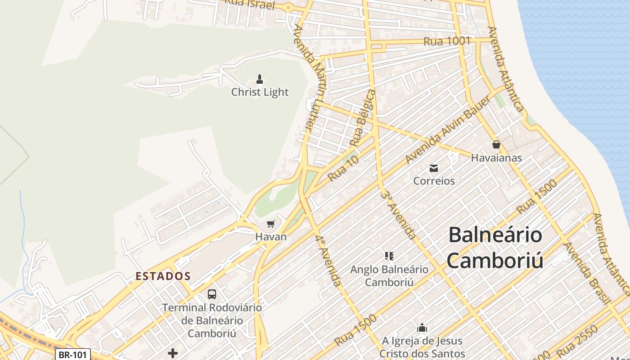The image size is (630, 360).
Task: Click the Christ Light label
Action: (260, 92)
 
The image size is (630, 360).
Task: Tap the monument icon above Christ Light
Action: (259, 80)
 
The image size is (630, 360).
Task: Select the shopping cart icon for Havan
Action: (270, 224)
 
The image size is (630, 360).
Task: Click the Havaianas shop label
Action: (496, 158)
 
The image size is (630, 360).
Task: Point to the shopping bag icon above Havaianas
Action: (496, 144)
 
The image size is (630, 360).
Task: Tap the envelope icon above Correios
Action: (434, 168)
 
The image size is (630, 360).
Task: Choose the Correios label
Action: (434, 181)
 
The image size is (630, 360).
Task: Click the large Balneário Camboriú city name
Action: (495, 247)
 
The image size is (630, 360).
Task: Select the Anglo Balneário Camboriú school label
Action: (389, 276)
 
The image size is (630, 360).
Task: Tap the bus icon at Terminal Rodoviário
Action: (211, 294)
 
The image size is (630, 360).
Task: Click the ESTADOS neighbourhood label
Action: (163, 276)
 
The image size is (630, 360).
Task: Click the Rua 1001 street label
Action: (447, 41)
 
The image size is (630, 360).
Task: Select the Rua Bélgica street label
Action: (362, 118)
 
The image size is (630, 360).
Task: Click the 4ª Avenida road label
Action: (328, 261)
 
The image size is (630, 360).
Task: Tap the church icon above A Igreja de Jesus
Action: (422, 327)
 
